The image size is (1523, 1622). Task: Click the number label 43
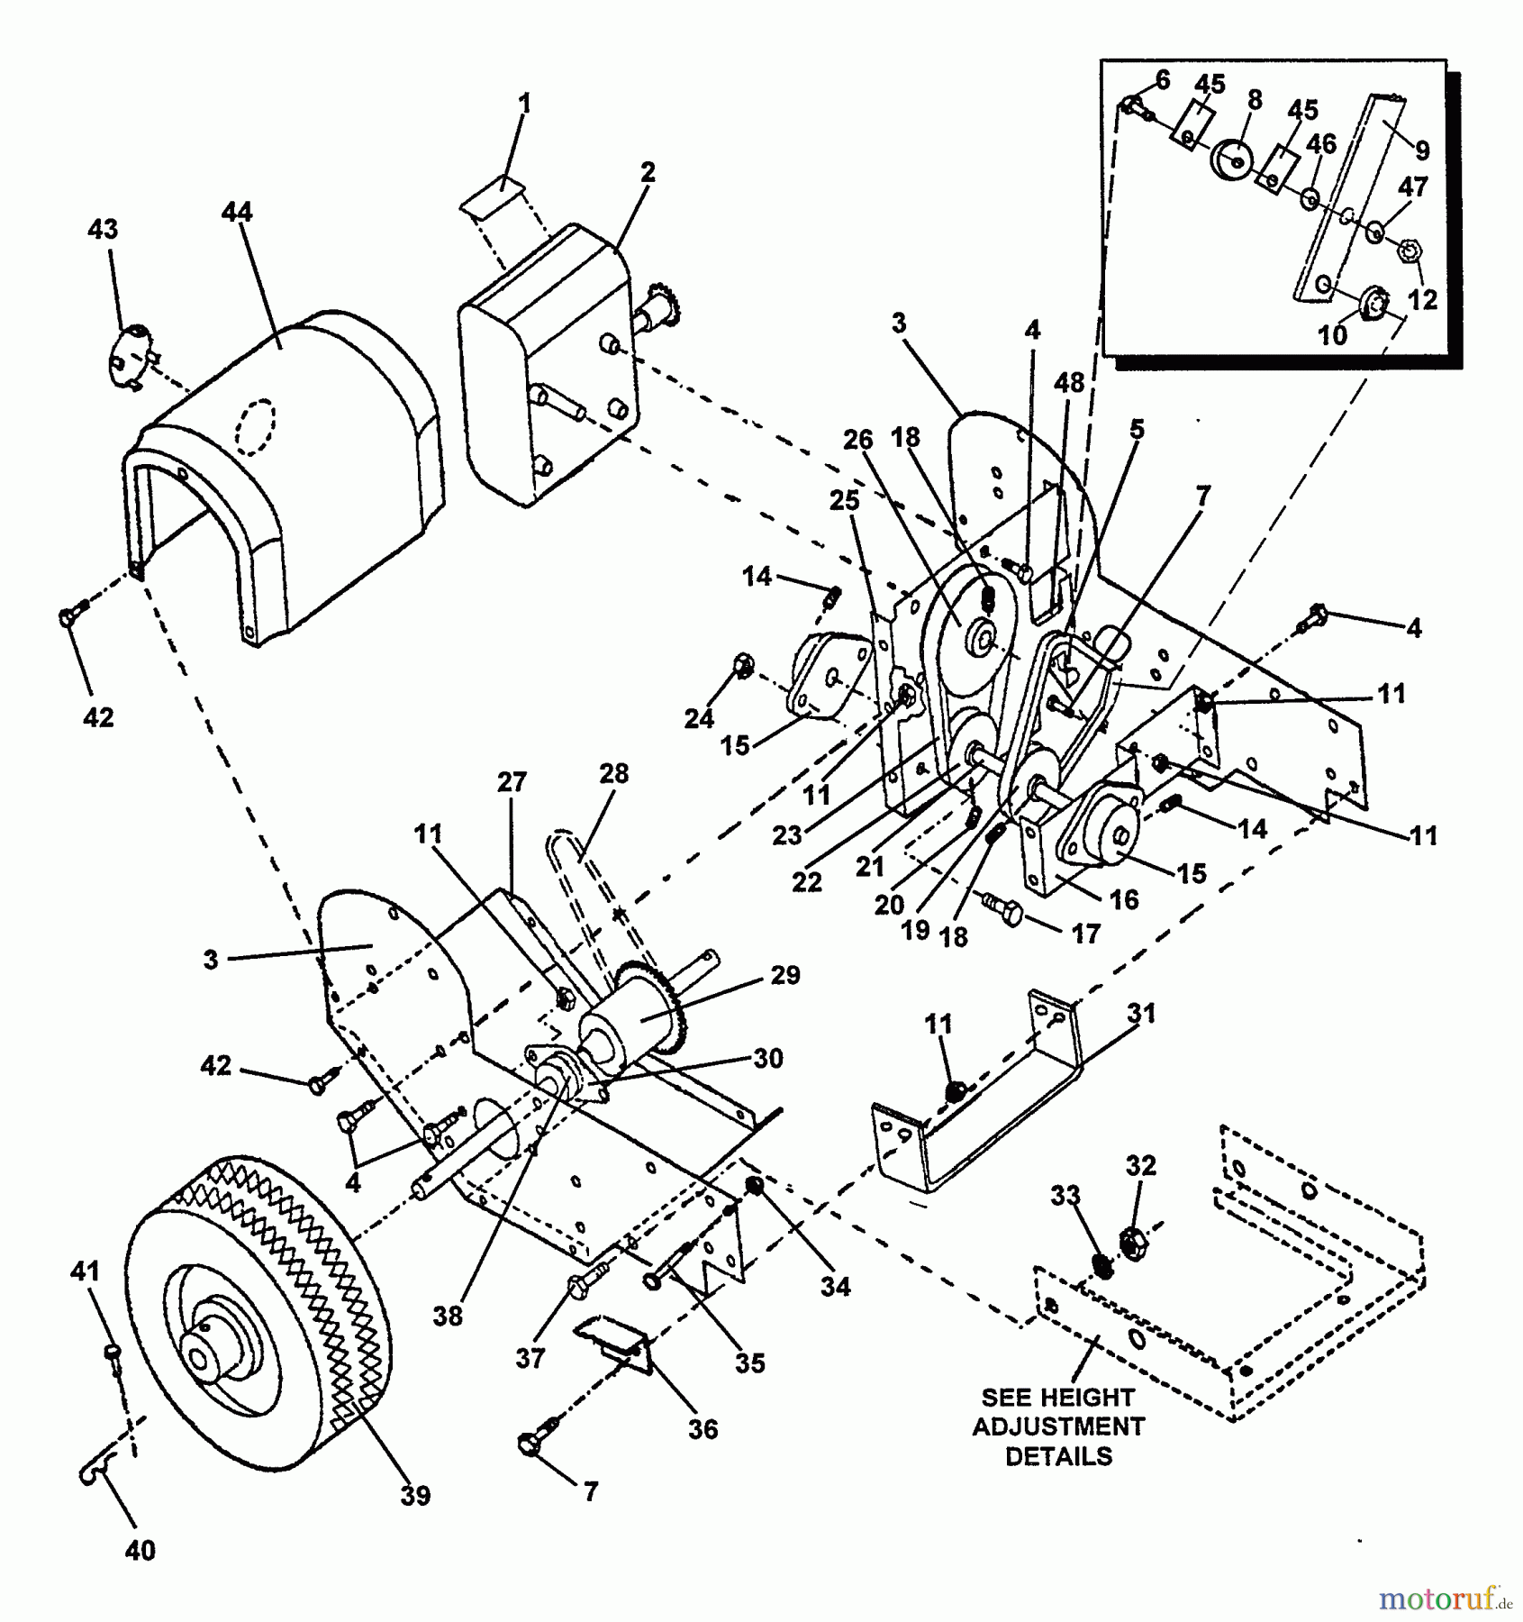point(103,230)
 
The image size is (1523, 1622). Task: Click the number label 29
point(784,975)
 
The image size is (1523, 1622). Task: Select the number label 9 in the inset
point(1421,150)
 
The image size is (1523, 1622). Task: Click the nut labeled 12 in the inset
point(1405,251)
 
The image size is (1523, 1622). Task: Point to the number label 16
point(1123,899)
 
